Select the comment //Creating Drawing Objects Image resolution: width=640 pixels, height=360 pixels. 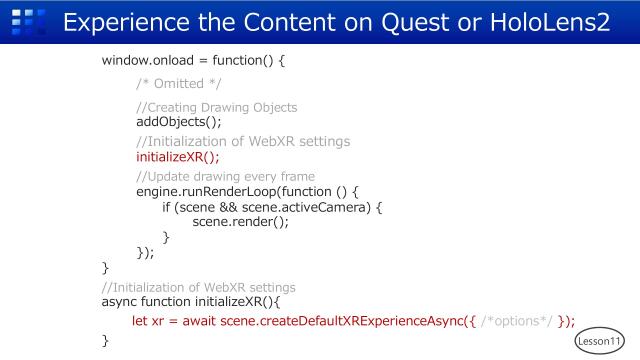216,107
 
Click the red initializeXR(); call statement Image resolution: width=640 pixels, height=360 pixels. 177,156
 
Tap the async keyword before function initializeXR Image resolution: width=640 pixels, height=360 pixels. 122,303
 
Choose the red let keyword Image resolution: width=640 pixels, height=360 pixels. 141,320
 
